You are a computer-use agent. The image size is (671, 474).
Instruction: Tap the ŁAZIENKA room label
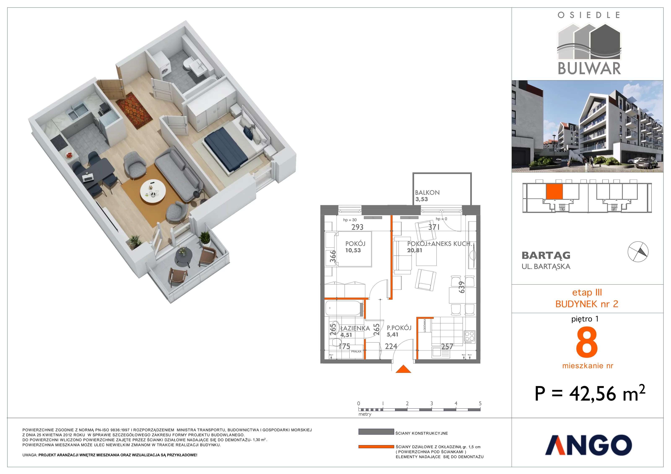(355, 328)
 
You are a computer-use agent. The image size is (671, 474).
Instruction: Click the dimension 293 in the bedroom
(357, 227)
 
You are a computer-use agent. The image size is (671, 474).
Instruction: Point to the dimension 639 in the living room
(462, 287)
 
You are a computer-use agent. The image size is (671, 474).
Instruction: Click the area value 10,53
(353, 250)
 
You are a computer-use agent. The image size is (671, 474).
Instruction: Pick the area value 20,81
(414, 250)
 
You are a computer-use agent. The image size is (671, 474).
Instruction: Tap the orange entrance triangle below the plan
(403, 369)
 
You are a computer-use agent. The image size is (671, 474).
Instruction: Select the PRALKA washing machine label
(356, 352)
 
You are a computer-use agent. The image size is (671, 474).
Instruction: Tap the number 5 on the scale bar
(480, 403)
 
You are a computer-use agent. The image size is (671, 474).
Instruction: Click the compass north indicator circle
(638, 252)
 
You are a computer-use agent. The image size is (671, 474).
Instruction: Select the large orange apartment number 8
(587, 342)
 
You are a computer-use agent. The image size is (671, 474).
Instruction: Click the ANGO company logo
(588, 445)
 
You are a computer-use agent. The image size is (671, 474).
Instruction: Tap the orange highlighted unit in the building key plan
(554, 192)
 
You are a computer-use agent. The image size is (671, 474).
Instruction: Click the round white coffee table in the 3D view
(153, 192)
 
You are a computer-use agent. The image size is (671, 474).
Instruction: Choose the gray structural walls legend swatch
(376, 432)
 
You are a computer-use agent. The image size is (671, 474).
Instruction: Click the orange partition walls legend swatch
(376, 447)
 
